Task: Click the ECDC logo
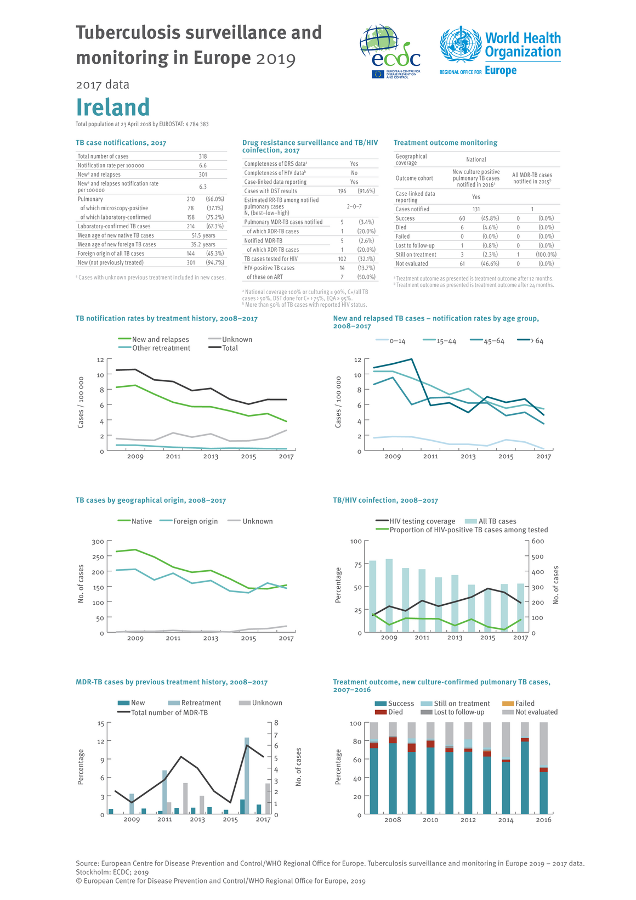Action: point(390,52)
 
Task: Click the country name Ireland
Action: point(113,107)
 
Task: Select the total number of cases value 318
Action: point(203,156)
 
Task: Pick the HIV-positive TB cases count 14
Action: point(342,268)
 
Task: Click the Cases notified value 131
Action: point(476,209)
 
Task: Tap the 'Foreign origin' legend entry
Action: point(189,521)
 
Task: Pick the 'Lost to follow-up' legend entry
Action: point(452,712)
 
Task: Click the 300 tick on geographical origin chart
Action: point(98,542)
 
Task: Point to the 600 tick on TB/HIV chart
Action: point(538,541)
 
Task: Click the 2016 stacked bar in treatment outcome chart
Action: point(543,768)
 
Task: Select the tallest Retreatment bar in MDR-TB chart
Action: point(247,775)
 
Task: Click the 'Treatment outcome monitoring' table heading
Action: point(445,143)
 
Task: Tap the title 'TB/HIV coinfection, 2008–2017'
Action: point(385,500)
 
